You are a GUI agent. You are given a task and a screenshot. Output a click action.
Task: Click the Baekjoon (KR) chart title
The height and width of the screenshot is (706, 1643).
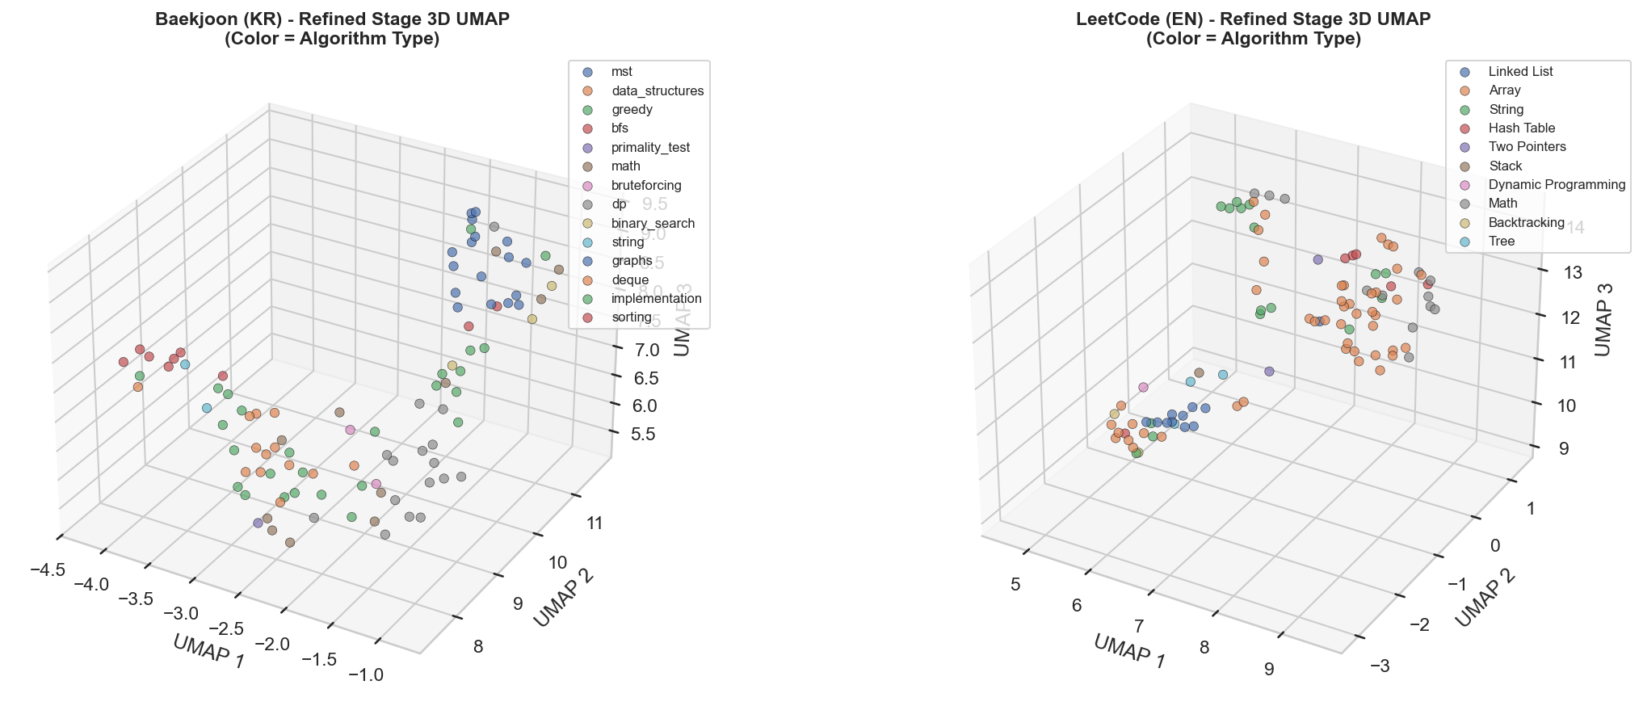pos(332,19)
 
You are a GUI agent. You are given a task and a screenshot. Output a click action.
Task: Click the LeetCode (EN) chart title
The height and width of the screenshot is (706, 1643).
pos(1253,19)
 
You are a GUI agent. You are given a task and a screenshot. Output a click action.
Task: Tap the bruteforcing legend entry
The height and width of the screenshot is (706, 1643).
pos(646,185)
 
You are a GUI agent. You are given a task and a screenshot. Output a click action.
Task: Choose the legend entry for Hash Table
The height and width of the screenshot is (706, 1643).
pos(1521,128)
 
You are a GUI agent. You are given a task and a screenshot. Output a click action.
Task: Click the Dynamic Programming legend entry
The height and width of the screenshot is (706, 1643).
pos(1556,184)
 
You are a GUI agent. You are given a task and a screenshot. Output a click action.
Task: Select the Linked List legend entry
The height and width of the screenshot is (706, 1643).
pos(1520,71)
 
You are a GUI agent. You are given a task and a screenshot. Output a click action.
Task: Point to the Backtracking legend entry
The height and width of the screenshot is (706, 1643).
pos(1526,222)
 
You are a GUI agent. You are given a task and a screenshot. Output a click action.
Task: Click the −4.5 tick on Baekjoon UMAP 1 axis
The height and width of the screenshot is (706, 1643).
pos(47,570)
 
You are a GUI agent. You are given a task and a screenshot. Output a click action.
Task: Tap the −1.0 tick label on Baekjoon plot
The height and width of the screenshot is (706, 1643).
pos(366,674)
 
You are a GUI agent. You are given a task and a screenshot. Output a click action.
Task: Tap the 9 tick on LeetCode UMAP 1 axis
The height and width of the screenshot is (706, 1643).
pos(1269,668)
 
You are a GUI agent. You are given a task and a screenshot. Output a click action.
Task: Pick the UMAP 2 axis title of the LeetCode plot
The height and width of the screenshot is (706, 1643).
pos(1485,599)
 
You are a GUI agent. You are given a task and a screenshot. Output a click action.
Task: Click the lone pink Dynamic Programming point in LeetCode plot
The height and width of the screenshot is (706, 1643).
pos(1143,387)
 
